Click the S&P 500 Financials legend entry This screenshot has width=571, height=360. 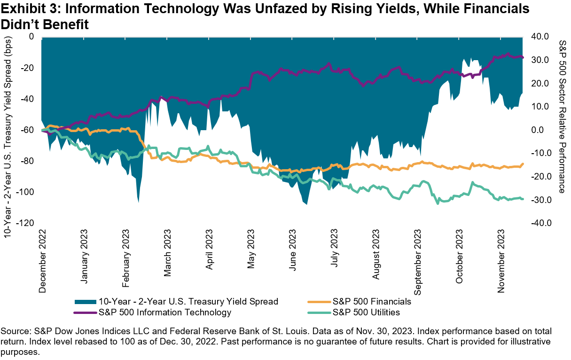[372, 301]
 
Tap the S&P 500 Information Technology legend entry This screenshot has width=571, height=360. [164, 312]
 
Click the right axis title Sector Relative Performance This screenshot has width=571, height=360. [563, 116]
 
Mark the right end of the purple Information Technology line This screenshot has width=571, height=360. [523, 57]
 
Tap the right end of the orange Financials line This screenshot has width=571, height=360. [523, 164]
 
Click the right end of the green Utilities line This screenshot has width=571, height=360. [523, 199]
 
